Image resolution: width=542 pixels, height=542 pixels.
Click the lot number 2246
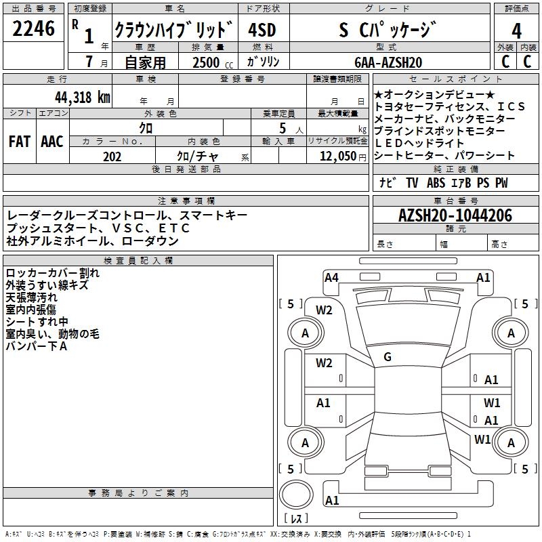(34, 28)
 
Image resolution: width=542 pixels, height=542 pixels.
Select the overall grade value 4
(517, 30)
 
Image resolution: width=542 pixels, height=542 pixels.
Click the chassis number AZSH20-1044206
(455, 215)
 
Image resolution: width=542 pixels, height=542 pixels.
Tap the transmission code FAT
(19, 142)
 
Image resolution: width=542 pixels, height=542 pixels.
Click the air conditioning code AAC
(51, 142)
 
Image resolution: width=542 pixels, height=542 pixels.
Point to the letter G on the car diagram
(388, 357)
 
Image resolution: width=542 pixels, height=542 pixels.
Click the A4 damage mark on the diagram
(331, 277)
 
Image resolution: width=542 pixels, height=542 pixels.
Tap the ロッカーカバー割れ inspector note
(52, 273)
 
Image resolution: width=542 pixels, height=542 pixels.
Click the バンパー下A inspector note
(36, 346)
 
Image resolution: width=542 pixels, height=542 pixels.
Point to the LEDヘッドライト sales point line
(419, 143)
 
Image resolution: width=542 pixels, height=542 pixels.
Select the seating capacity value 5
(281, 128)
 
